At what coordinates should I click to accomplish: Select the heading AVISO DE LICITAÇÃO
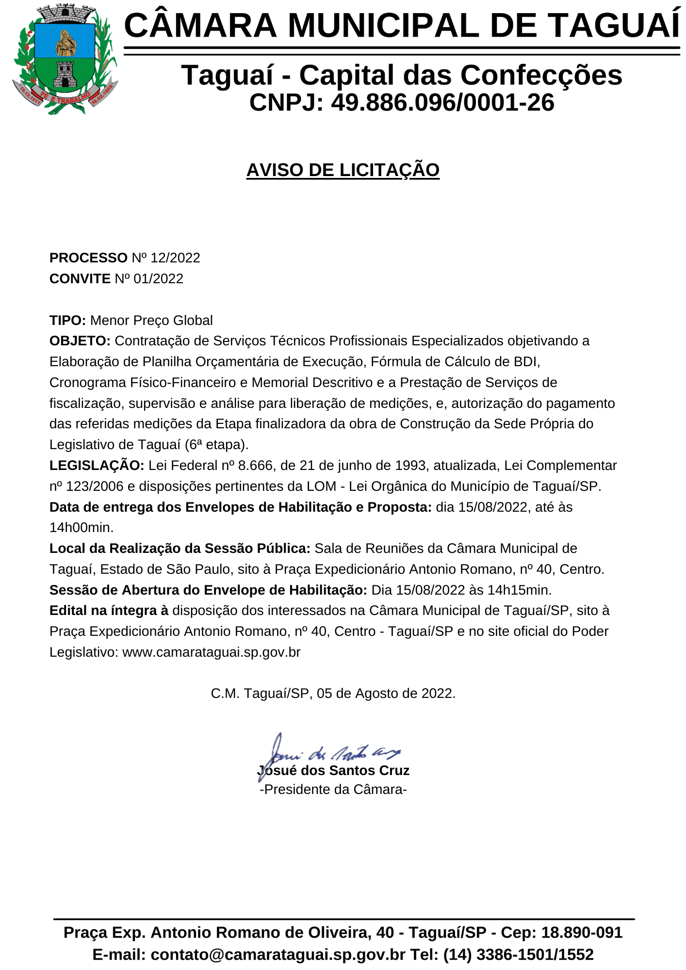click(343, 170)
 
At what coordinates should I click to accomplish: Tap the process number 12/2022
click(175, 258)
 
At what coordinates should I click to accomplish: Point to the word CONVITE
click(80, 279)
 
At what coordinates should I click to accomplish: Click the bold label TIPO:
click(67, 321)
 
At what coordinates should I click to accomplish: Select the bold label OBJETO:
click(80, 341)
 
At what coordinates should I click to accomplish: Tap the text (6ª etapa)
click(216, 445)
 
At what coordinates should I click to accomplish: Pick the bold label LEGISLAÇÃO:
click(97, 466)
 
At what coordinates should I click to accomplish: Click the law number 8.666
click(255, 466)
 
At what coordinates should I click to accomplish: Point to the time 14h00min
click(81, 528)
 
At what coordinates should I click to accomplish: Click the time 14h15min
click(519, 590)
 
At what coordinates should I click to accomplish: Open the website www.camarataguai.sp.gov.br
click(211, 652)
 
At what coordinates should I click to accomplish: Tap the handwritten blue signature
click(330, 753)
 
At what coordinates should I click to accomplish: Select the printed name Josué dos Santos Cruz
click(333, 771)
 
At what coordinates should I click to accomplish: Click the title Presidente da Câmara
click(333, 790)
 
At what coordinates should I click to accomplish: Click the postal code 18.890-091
click(582, 933)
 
